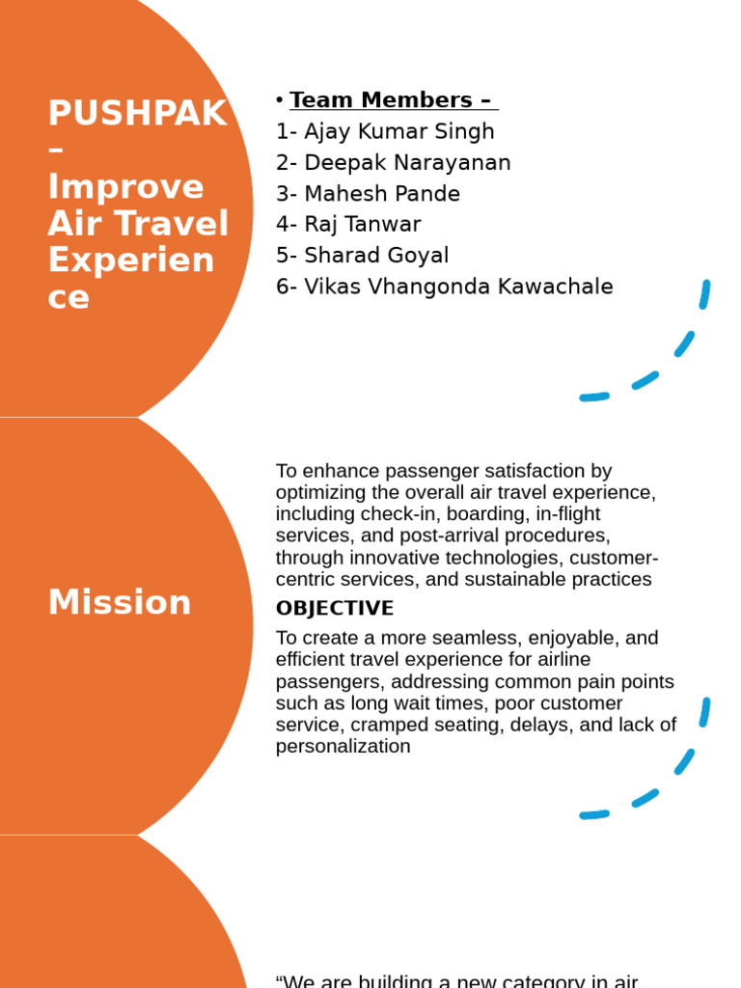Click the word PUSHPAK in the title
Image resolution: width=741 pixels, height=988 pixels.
point(138,113)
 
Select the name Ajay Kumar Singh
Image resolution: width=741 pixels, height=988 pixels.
point(399,131)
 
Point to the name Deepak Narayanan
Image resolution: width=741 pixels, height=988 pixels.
point(407,162)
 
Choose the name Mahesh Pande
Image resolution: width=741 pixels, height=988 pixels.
point(382,193)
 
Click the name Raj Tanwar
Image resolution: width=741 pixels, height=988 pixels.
point(363,224)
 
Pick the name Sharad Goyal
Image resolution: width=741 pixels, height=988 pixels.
point(376,255)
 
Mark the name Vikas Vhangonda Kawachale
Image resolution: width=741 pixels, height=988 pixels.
point(458,287)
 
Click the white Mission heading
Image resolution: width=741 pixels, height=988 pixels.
point(120,602)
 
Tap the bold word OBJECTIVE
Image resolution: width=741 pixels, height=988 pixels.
point(335,609)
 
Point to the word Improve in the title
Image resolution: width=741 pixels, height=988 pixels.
point(126,186)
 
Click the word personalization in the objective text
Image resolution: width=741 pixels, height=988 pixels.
point(343,747)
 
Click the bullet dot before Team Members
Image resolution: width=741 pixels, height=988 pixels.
point(279,99)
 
